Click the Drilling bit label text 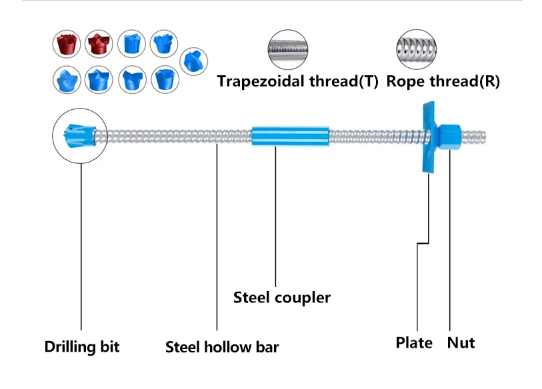tap(82, 347)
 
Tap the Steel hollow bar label tap(222, 347)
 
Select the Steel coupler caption tap(281, 297)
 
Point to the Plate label tap(414, 343)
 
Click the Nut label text tap(461, 343)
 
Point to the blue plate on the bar tap(427, 137)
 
